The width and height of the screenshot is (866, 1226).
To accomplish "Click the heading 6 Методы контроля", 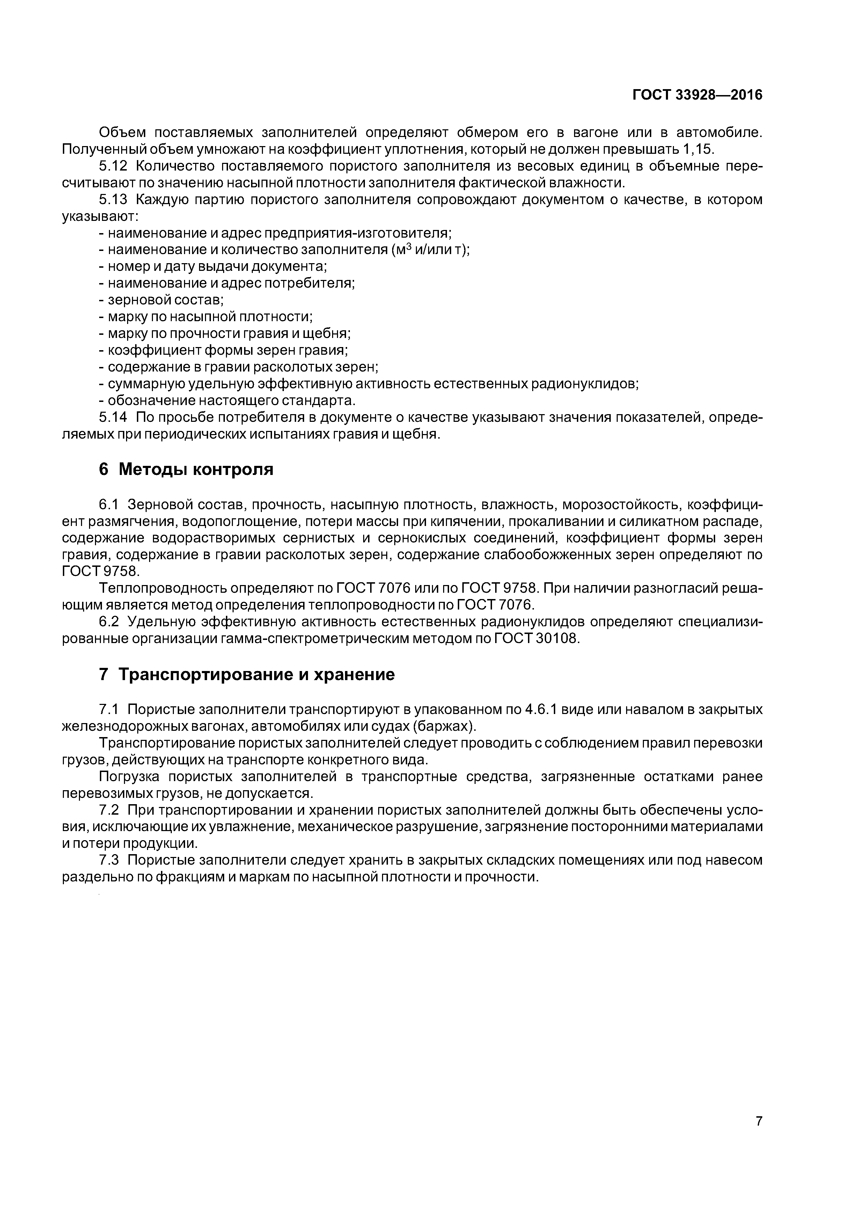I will (186, 469).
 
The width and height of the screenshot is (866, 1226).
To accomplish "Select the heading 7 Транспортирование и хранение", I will (247, 675).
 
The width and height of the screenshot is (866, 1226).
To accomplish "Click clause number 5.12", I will (113, 166).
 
